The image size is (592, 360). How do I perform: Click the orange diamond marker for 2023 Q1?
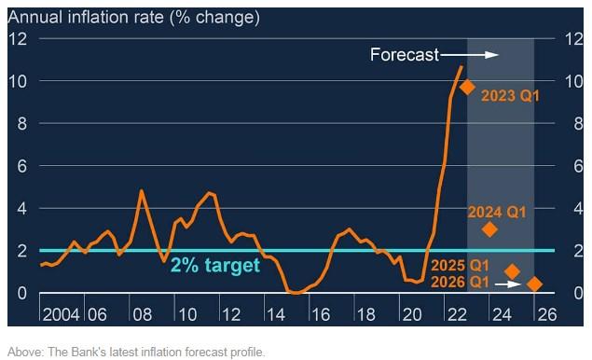(467, 87)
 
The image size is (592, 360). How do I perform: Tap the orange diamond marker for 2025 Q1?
(512, 271)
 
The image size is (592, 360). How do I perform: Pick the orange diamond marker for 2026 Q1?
(534, 284)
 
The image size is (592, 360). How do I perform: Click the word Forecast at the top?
(403, 55)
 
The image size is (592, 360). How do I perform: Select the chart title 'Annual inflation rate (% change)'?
(133, 17)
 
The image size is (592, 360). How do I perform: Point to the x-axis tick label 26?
(545, 312)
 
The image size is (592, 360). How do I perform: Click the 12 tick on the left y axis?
(20, 39)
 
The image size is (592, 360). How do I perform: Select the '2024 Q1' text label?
(497, 212)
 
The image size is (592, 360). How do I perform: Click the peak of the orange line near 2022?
(461, 66)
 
